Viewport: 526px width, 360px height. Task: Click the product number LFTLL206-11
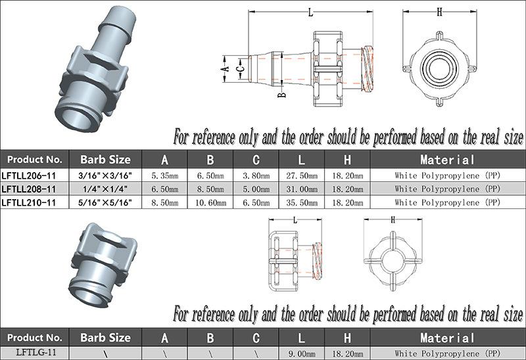pos(29,175)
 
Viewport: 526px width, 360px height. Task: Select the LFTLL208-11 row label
pos(29,189)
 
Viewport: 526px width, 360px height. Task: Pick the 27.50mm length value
pos(302,175)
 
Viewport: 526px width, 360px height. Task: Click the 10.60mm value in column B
pos(210,202)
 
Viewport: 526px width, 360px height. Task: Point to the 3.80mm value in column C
pos(256,175)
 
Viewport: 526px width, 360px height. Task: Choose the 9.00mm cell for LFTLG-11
pos(302,353)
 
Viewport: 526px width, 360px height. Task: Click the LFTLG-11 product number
pos(36,352)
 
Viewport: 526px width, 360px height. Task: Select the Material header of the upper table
pos(447,160)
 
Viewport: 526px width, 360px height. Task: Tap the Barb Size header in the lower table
pos(105,338)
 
